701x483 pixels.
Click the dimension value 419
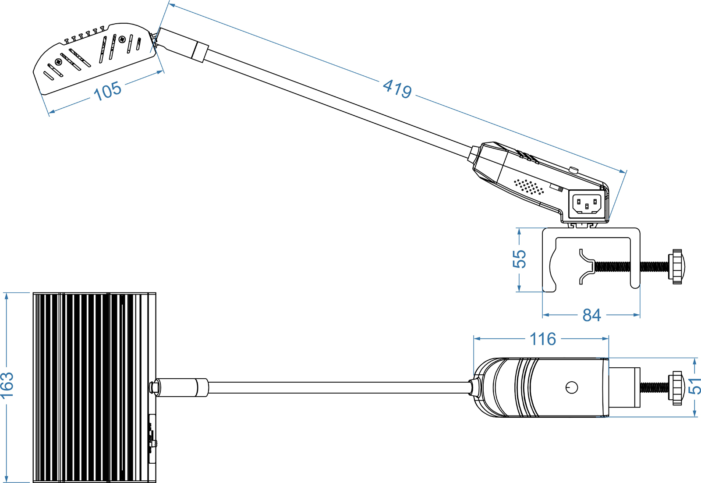[x=397, y=89]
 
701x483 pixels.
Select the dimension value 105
[x=107, y=91]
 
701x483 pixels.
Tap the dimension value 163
[x=7, y=386]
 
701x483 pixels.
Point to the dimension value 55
[x=519, y=259]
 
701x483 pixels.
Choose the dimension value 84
[x=591, y=315]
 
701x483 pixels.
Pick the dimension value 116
[x=543, y=339]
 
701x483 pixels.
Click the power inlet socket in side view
[x=587, y=204]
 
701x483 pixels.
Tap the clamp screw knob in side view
[x=677, y=266]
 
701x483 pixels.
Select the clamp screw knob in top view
[x=677, y=388]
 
